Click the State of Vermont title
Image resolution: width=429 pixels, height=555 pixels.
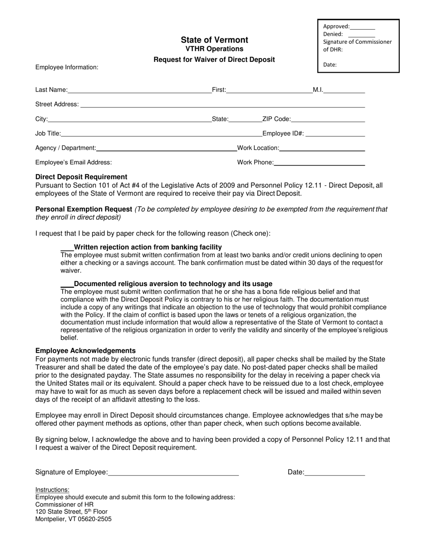pos(214,40)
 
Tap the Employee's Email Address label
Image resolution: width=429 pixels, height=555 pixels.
pos(74,162)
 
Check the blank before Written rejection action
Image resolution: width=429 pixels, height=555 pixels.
pos(67,248)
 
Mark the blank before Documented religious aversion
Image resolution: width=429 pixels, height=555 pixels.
pos(67,284)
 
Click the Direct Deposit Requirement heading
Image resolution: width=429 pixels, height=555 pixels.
pos(81,177)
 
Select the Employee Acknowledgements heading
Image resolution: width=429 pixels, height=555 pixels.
pos(85,351)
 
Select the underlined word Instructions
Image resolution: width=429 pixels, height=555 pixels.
pos(52,490)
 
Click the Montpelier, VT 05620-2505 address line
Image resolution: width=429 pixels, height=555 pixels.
pos(74,519)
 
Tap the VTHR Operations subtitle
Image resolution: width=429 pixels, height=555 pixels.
pos(214,49)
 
